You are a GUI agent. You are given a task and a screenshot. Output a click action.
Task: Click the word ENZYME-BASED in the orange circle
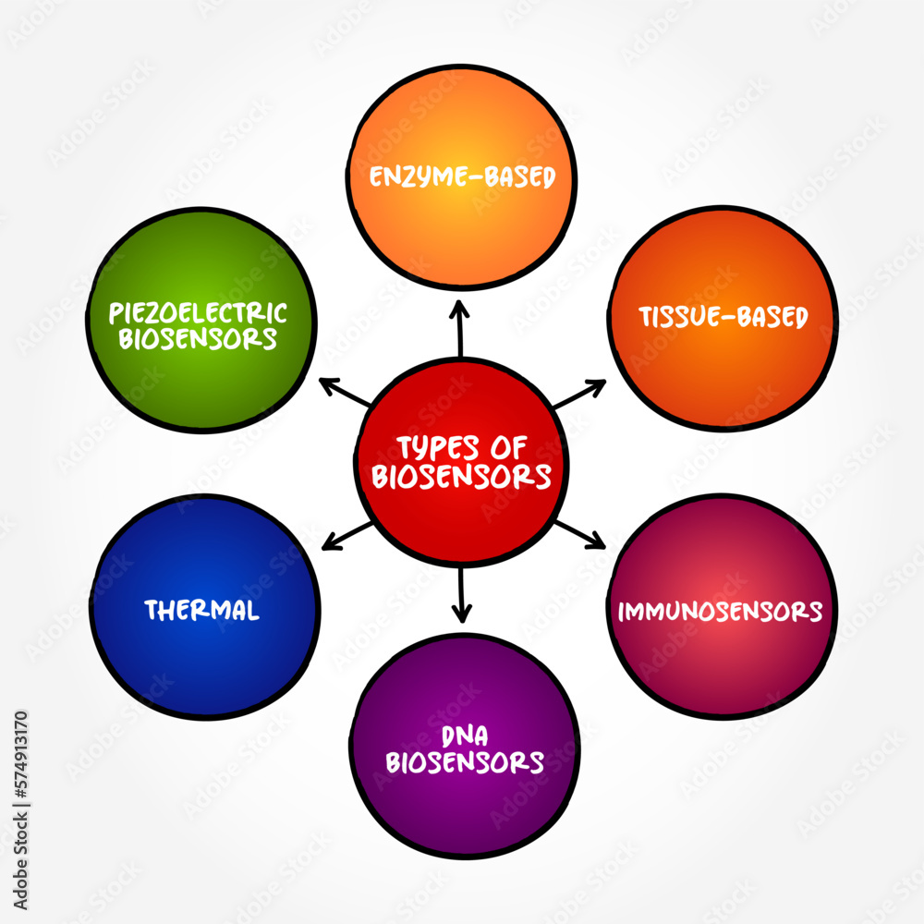[462, 176]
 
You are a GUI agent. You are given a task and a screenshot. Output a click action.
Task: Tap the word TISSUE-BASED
[723, 317]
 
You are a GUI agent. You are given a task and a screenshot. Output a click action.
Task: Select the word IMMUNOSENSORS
[721, 611]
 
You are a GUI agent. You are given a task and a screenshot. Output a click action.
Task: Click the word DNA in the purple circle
[465, 736]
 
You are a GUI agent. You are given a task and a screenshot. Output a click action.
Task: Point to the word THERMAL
[201, 611]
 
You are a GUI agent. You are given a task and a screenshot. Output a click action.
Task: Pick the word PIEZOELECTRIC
[198, 312]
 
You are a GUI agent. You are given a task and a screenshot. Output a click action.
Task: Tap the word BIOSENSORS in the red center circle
[462, 477]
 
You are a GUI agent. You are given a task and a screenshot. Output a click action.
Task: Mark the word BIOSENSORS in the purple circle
[465, 762]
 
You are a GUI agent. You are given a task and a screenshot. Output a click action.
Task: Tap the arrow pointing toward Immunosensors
[579, 533]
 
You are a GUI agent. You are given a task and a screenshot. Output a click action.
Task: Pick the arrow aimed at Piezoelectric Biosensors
[345, 392]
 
